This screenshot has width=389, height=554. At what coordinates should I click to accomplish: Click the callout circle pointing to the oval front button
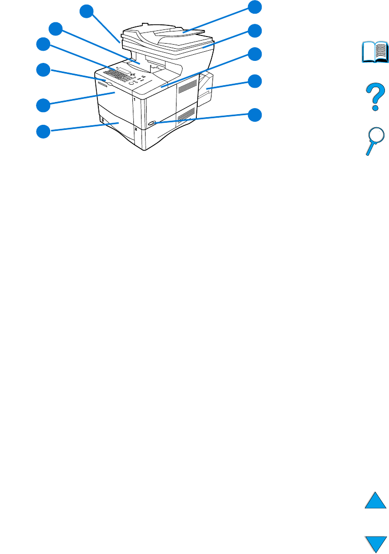point(255,115)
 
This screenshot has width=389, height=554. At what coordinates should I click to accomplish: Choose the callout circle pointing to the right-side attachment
point(255,81)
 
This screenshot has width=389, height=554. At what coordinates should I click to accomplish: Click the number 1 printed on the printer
point(134,101)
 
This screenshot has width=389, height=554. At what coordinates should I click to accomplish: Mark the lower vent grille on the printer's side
point(185,115)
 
